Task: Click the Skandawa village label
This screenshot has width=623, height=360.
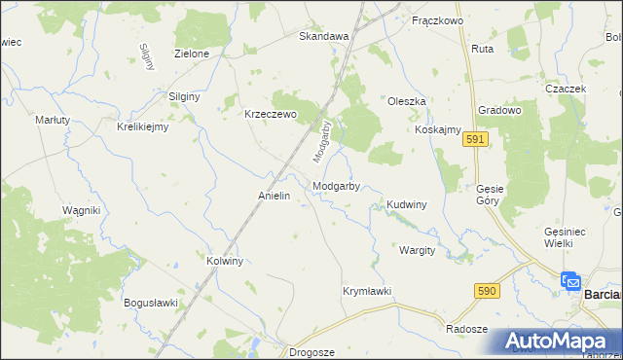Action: click(x=323, y=36)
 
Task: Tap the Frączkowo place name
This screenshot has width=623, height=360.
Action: click(x=437, y=20)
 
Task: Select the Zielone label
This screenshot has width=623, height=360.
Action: click(x=192, y=54)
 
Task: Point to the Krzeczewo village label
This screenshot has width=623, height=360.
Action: click(x=269, y=113)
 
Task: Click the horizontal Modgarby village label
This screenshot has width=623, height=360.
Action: click(x=338, y=186)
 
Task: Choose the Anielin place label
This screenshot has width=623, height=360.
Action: click(x=275, y=196)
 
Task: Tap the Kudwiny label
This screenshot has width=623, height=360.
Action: click(x=407, y=205)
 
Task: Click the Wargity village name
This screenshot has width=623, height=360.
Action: click(x=417, y=250)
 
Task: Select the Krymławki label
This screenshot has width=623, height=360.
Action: click(x=366, y=291)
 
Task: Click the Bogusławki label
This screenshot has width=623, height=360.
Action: click(x=151, y=303)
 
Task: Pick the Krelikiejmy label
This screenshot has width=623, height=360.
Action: click(x=143, y=126)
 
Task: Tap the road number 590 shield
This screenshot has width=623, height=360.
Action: click(x=488, y=291)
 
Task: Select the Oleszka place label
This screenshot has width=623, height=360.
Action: click(x=407, y=101)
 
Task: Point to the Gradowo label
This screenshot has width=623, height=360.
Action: click(x=500, y=111)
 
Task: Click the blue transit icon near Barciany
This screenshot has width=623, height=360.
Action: click(x=570, y=282)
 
